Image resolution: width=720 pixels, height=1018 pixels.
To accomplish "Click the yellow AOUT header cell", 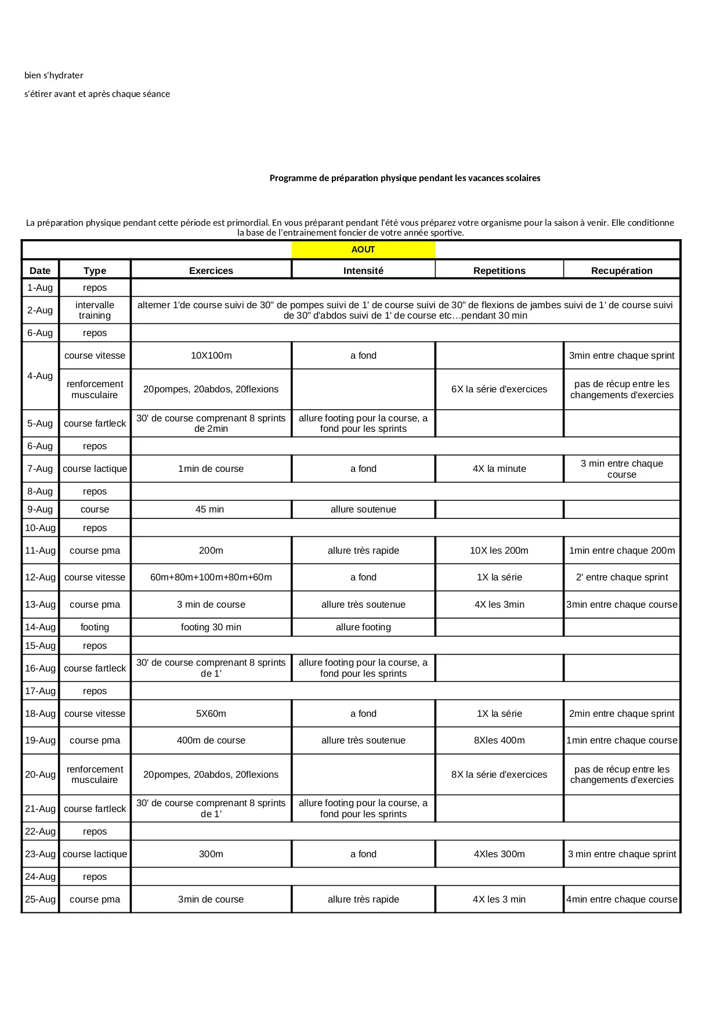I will (x=363, y=250).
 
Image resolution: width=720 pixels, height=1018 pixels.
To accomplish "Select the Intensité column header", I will (x=363, y=270).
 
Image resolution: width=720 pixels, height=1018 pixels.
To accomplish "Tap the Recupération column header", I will (x=621, y=270).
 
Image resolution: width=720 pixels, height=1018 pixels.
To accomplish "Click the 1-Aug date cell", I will (x=40, y=288).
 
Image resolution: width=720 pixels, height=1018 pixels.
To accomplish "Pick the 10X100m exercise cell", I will (x=211, y=356).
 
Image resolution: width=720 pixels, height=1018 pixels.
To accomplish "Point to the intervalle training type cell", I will (x=95, y=311).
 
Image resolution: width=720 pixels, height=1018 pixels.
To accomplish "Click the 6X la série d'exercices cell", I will (x=499, y=389).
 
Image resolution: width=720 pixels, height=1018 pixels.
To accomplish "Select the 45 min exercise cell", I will (x=210, y=510).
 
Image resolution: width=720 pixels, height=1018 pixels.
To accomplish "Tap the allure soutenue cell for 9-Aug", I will (x=363, y=510).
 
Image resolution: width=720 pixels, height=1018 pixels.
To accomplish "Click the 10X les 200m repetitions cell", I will (x=499, y=551).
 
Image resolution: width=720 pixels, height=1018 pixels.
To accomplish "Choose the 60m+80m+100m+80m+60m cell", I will (x=211, y=577).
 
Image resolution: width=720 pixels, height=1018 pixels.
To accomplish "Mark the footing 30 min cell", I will (x=211, y=627).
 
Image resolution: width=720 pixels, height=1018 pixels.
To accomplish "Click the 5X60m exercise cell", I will (x=211, y=714).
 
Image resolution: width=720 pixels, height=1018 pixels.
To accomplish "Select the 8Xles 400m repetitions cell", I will (x=499, y=741).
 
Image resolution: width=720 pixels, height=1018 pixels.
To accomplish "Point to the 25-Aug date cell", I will (x=40, y=900).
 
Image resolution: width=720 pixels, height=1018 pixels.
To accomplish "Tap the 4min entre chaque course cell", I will (x=621, y=900).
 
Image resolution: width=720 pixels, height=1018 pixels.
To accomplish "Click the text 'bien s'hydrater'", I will (x=54, y=75).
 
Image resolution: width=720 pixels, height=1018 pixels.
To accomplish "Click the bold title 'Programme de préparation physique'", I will (x=404, y=178).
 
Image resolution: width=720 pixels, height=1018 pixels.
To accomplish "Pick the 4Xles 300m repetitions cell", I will (x=499, y=854).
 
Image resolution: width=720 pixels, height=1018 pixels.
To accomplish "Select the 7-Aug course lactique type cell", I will (x=95, y=469).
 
